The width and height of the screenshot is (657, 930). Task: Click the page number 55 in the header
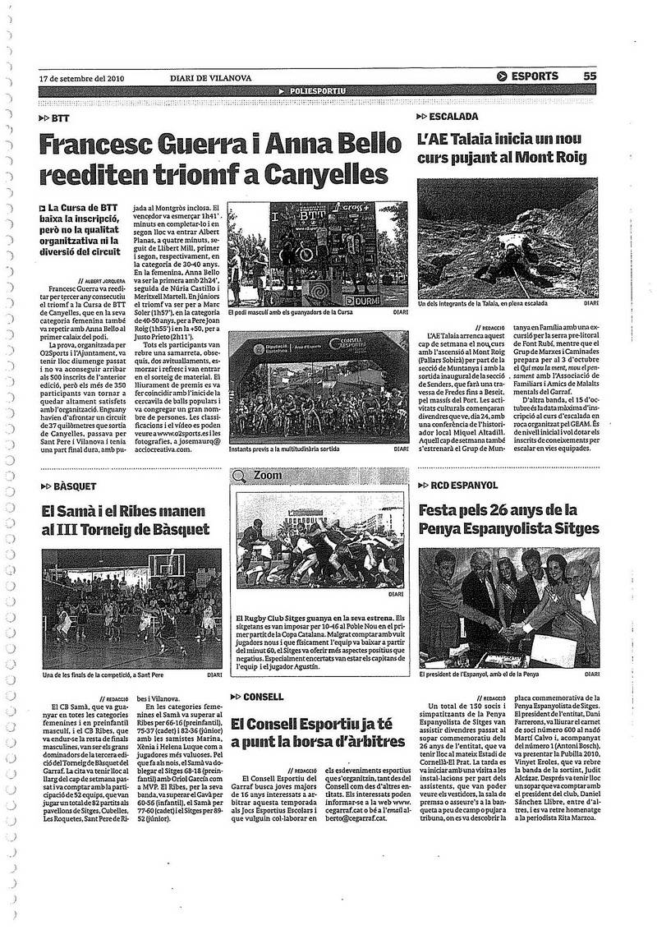[590, 76]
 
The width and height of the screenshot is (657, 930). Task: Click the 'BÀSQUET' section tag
[73, 486]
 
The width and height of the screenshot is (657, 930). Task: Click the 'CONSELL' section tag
[262, 697]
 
